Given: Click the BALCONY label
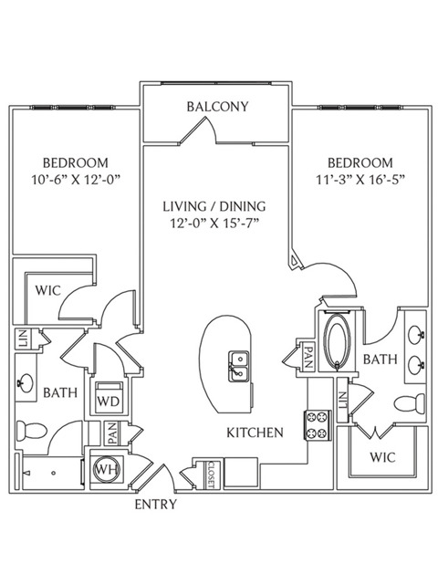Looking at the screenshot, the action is tap(217, 107).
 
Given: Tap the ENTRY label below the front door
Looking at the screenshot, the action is tap(155, 505).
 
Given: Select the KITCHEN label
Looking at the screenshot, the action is tap(255, 433).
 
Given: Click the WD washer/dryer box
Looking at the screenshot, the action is tap(109, 397).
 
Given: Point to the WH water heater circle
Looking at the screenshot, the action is tap(107, 469).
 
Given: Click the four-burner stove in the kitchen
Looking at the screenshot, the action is tap(318, 425).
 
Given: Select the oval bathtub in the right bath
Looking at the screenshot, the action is tap(337, 343).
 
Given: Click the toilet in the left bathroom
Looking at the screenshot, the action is tap(32, 431).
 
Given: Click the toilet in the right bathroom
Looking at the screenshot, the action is tap(410, 403).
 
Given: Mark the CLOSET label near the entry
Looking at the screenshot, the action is tap(211, 474).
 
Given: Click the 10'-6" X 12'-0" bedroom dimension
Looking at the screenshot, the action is tap(77, 181).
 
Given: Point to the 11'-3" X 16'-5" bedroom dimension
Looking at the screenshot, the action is tap(360, 181).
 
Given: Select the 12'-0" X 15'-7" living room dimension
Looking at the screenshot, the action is tap(214, 224).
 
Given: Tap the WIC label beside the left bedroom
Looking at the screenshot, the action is tap(48, 290).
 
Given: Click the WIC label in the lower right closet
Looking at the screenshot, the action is tap(382, 457).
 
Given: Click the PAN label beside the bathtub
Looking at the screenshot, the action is tap(308, 357).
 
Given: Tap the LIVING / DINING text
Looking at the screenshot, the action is tap(214, 206).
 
